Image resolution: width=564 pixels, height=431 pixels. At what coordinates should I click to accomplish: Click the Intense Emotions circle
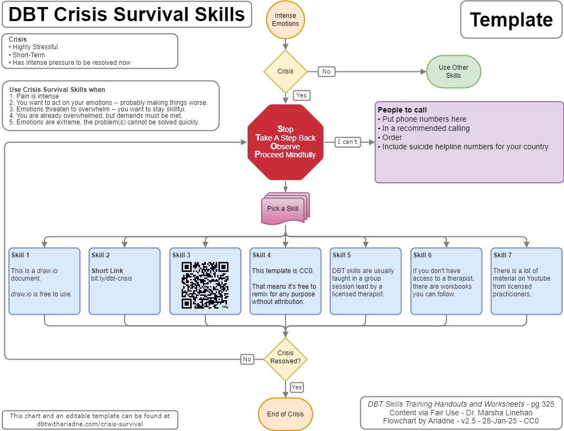point(286,20)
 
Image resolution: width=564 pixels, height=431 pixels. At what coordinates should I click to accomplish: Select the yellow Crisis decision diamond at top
point(286,71)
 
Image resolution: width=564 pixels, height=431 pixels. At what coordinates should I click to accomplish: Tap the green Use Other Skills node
point(453,71)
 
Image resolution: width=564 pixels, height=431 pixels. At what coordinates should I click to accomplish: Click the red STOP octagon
point(286,142)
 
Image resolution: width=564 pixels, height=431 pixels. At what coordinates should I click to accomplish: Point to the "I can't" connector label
point(347,142)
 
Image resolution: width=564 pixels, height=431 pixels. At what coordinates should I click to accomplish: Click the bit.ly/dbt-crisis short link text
point(111,279)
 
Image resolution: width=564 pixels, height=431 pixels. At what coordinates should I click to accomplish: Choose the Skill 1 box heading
point(21,255)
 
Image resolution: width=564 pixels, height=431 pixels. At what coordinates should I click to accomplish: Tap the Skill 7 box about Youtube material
point(526,281)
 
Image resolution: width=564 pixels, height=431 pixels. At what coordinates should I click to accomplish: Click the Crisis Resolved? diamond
point(286,357)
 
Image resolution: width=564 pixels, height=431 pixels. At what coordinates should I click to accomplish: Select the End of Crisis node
point(286,414)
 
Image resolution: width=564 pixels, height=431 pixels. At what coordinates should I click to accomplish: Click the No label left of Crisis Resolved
point(247,359)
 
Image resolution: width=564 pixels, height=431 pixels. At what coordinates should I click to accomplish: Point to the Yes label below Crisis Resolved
point(296,387)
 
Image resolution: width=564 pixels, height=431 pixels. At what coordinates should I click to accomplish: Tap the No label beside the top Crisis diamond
point(326,71)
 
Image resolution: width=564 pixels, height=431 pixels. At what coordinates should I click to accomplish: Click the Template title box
point(511,20)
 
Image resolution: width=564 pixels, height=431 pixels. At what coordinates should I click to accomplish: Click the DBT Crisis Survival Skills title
point(127,15)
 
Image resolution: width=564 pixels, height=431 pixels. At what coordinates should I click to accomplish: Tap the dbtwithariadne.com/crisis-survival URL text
point(90,424)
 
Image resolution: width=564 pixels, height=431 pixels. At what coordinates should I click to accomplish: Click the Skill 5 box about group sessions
point(365,281)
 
